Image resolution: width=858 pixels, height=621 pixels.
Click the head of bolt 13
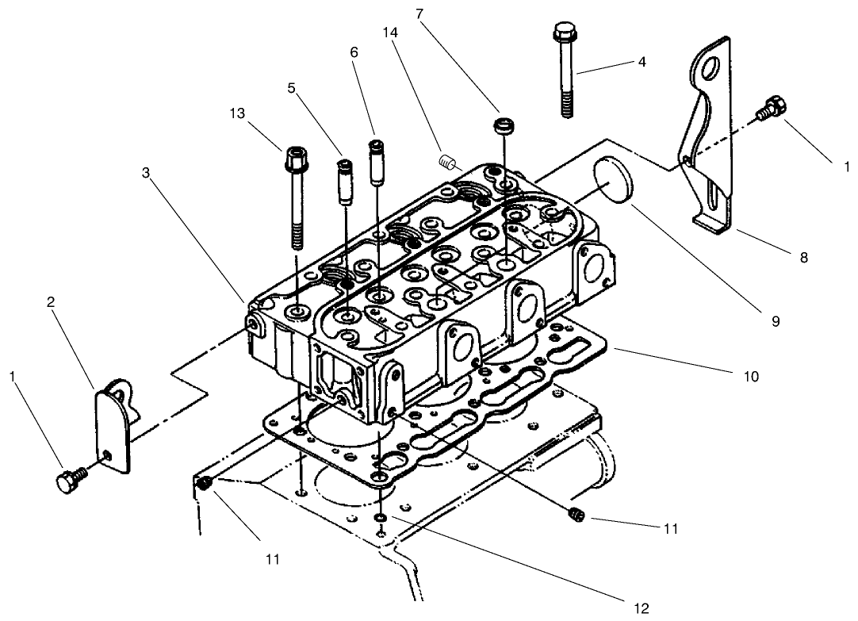293,152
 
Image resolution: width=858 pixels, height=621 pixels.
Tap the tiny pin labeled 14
446,162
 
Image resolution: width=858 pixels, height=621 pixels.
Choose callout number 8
803,258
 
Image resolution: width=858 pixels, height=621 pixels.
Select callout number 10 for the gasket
751,376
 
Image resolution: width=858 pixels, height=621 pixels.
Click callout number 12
642,608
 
